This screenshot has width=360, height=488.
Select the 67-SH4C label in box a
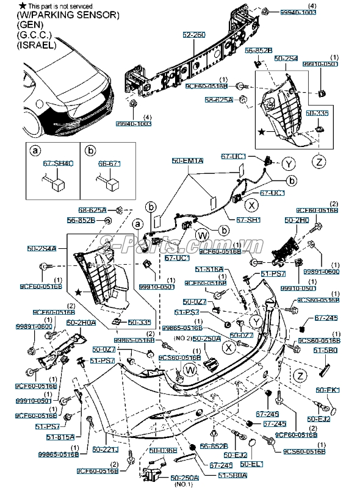click(57, 163)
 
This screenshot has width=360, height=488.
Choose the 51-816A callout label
click(209, 268)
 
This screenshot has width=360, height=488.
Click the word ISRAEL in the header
click(37, 45)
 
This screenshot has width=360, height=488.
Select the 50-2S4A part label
click(41, 248)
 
